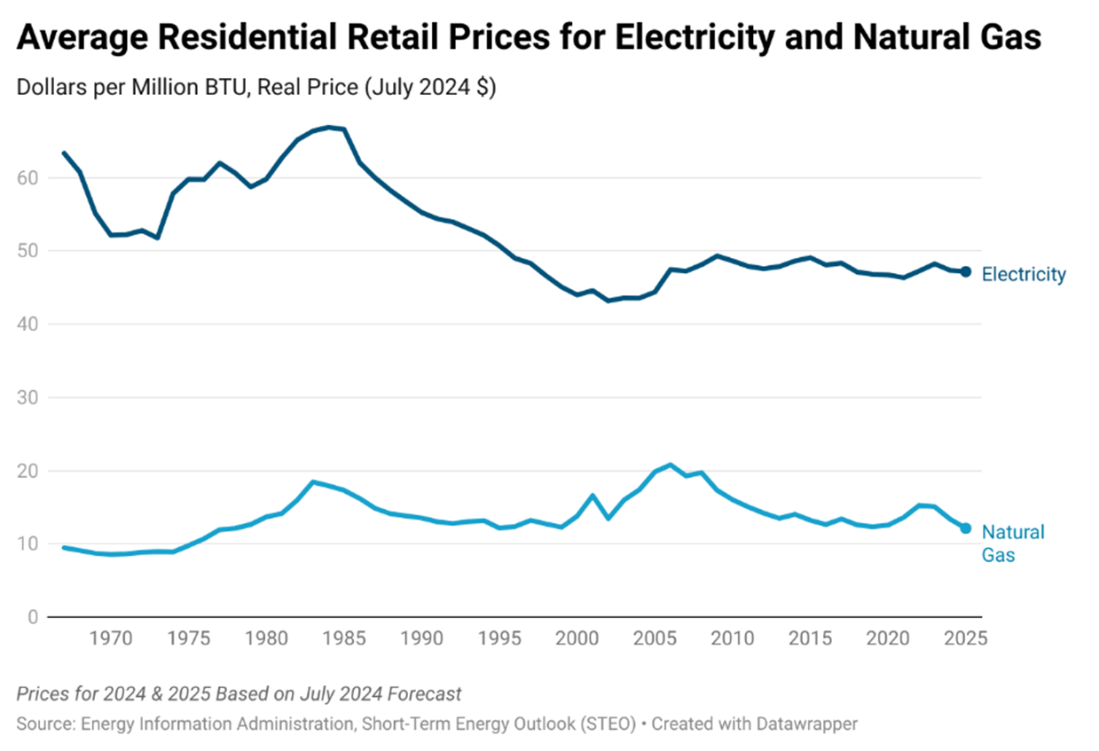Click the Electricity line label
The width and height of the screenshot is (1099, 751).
1024,275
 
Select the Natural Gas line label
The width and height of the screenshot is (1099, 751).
1012,544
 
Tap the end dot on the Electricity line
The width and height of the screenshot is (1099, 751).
966,271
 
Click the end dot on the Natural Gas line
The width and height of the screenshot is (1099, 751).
966,528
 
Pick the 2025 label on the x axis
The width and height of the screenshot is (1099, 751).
965,638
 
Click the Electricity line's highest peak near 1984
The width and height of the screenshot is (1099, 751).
328,128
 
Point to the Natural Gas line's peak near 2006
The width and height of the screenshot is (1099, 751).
671,465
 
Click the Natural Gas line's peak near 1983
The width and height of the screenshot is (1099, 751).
313,481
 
